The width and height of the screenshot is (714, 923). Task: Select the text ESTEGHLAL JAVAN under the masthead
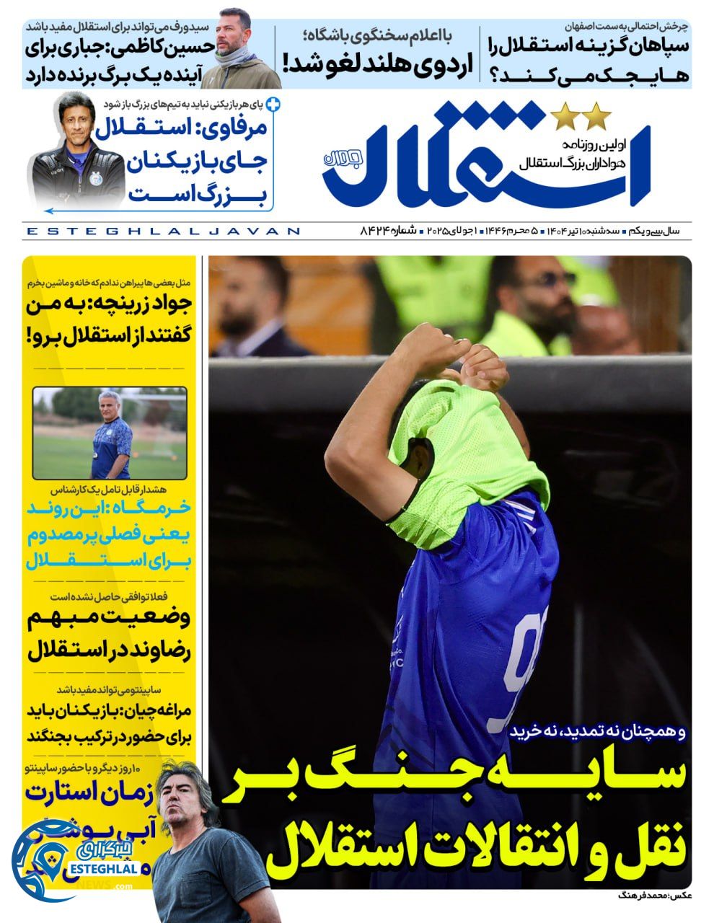162,231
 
